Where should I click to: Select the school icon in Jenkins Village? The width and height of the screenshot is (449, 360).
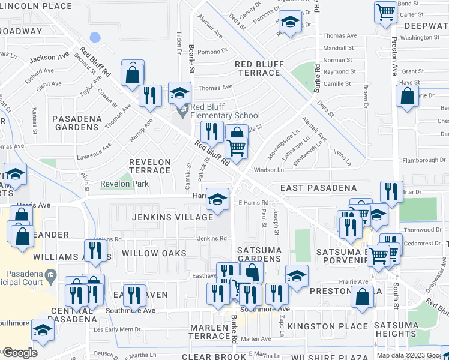pos(217,199)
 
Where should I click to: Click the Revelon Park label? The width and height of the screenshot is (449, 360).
pos(124,184)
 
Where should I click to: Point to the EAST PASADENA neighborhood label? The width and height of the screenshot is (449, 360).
pos(318,188)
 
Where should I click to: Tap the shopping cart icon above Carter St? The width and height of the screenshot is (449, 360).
pos(385,12)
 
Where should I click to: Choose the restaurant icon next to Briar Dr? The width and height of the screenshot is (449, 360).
pos(391,193)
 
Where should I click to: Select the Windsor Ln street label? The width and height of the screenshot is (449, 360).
pos(268,170)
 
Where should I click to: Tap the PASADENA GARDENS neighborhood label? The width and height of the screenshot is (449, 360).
pos(77,123)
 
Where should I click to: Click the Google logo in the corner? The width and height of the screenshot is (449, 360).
pos(19,353)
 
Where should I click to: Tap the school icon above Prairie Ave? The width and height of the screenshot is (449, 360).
pos(297,276)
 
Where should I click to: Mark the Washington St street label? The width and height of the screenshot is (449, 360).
pos(420,37)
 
